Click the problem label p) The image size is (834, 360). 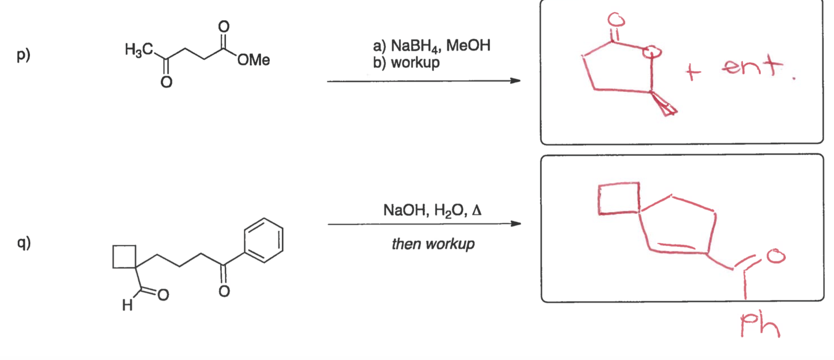pos(23,55)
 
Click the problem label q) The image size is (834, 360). pos(24,243)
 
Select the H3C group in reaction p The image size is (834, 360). pos(139,49)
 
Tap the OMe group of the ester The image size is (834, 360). pos(253,60)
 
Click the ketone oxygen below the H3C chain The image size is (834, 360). pos(166,82)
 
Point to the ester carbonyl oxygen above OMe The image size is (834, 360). pos(224,27)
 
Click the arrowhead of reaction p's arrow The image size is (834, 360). pos(516,81)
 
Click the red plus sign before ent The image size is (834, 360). pos(693,72)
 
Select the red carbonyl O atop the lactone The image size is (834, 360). pos(616,19)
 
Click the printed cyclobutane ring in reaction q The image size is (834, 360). pos(124,257)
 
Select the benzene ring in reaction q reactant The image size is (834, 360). pos(264,241)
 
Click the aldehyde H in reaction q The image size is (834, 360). pos(127,305)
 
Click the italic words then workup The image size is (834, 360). pos(433,244)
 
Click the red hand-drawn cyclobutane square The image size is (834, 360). pos(618,199)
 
